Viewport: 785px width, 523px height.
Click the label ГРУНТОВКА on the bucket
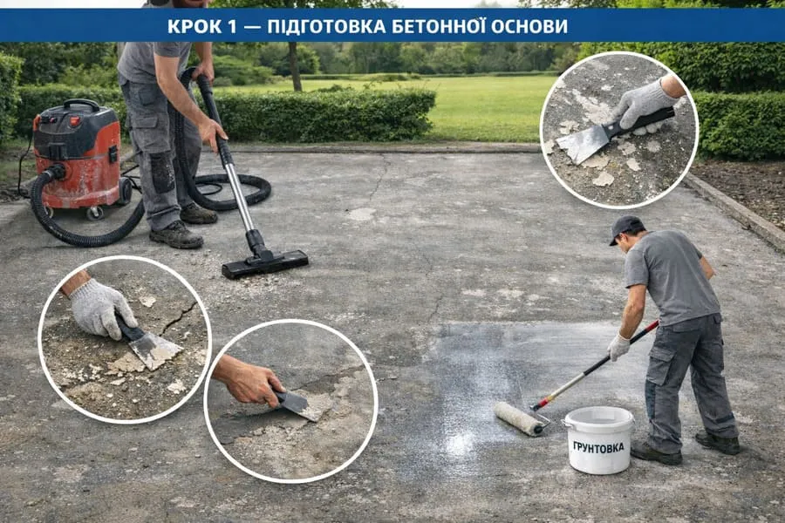(598, 447)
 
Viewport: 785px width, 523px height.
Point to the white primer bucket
(598, 440)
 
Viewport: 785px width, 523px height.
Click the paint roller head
(519, 418)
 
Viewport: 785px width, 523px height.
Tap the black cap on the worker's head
(625, 228)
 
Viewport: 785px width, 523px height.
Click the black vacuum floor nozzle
(265, 262)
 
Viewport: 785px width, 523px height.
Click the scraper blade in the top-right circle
(583, 144)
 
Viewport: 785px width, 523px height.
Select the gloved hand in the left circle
(101, 308)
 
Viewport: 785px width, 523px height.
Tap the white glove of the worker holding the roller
(618, 347)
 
